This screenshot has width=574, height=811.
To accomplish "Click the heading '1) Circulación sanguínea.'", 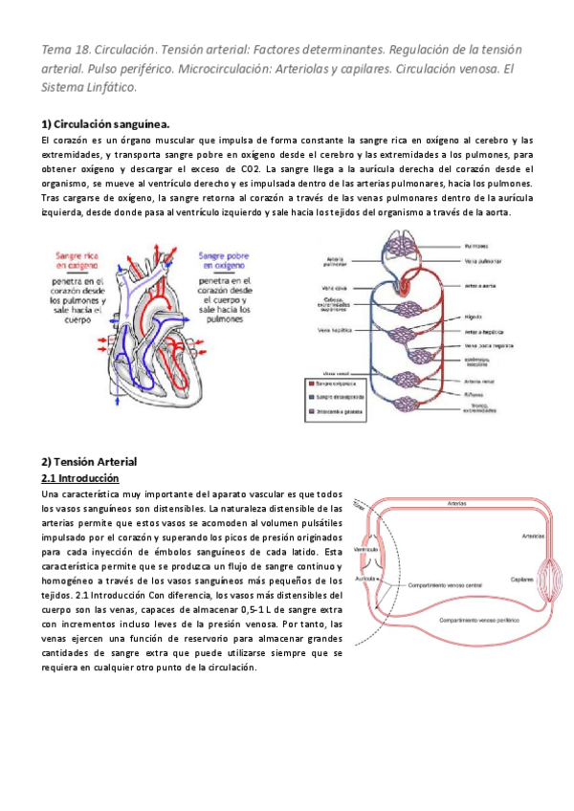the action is (106, 124).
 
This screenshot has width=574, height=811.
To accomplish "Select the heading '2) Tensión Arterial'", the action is (90, 462).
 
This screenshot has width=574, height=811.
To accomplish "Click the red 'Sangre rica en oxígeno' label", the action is (77, 262).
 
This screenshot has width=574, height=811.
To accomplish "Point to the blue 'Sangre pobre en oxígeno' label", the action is (226, 262).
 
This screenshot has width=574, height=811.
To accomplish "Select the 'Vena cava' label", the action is (334, 288).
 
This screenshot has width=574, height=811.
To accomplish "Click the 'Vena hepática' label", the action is (336, 328).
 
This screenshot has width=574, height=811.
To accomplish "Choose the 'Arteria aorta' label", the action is (478, 284).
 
